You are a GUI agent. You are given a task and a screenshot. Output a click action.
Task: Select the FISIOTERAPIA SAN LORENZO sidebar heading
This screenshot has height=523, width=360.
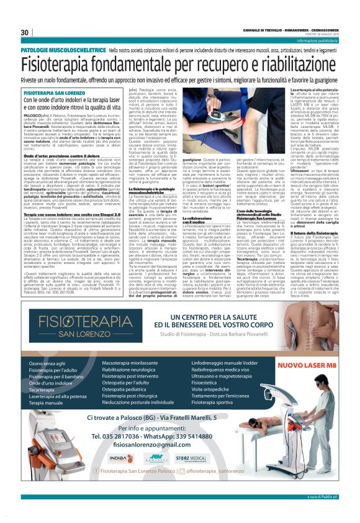[x=54, y=91]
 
